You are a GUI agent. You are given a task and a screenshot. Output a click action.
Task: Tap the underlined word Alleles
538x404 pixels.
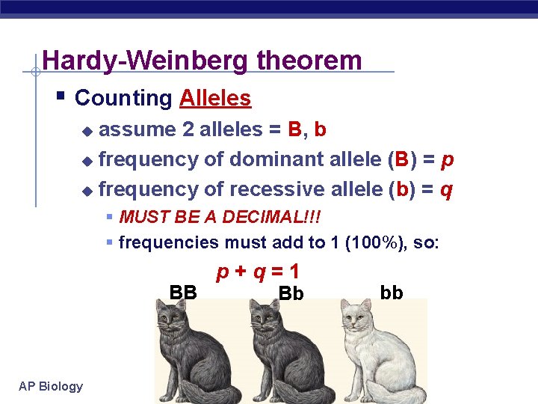coord(215,98)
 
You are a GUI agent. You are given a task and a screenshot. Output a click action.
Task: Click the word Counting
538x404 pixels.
coord(124,98)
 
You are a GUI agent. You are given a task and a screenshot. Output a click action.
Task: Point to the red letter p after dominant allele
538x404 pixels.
coord(448,159)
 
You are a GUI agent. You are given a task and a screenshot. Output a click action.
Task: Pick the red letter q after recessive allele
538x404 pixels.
coord(445,190)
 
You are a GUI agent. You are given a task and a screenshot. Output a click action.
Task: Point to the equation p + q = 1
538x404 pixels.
coord(258,271)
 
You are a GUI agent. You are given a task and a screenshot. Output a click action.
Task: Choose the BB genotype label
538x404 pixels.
coord(183,292)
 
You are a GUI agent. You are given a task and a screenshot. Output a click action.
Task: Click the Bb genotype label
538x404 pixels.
coord(291,294)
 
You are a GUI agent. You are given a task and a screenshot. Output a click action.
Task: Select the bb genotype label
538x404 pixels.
coord(392,292)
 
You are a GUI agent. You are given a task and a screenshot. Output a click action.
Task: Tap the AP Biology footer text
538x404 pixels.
coord(52,386)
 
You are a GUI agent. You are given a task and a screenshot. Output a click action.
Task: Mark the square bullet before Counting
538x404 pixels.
coord(61,97)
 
